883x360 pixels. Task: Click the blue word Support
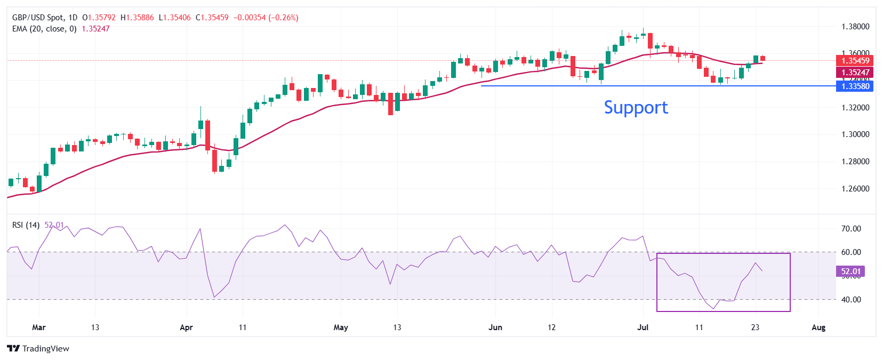pos(636,108)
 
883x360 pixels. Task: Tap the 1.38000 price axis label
pos(855,27)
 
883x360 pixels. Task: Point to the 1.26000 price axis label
pos(855,189)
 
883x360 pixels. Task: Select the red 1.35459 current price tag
pos(855,61)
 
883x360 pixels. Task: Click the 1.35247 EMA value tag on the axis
pos(855,73)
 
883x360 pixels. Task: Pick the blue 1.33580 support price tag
pos(855,86)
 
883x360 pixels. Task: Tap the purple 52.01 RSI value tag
pos(850,271)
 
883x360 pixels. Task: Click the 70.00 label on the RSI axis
pos(850,229)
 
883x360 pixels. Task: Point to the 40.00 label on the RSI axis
pos(850,300)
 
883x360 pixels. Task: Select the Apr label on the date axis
pos(186,327)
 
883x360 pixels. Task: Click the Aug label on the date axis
pos(818,327)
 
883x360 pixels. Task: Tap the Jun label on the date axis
pos(495,327)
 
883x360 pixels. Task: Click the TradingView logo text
pos(38,349)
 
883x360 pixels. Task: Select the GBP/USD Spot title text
pos(38,18)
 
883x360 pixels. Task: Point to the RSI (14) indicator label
pos(26,225)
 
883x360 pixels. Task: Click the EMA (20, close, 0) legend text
pos(44,29)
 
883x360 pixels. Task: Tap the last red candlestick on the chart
pos(763,58)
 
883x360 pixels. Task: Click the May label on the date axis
pos(341,327)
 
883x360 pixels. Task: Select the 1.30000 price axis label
pos(855,134)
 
